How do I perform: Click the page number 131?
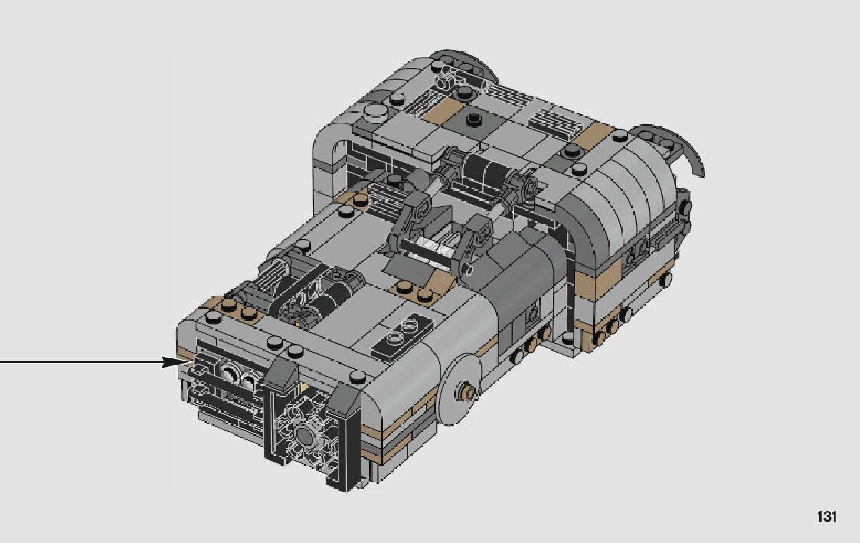click(826, 516)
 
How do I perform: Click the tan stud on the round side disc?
click(468, 391)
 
